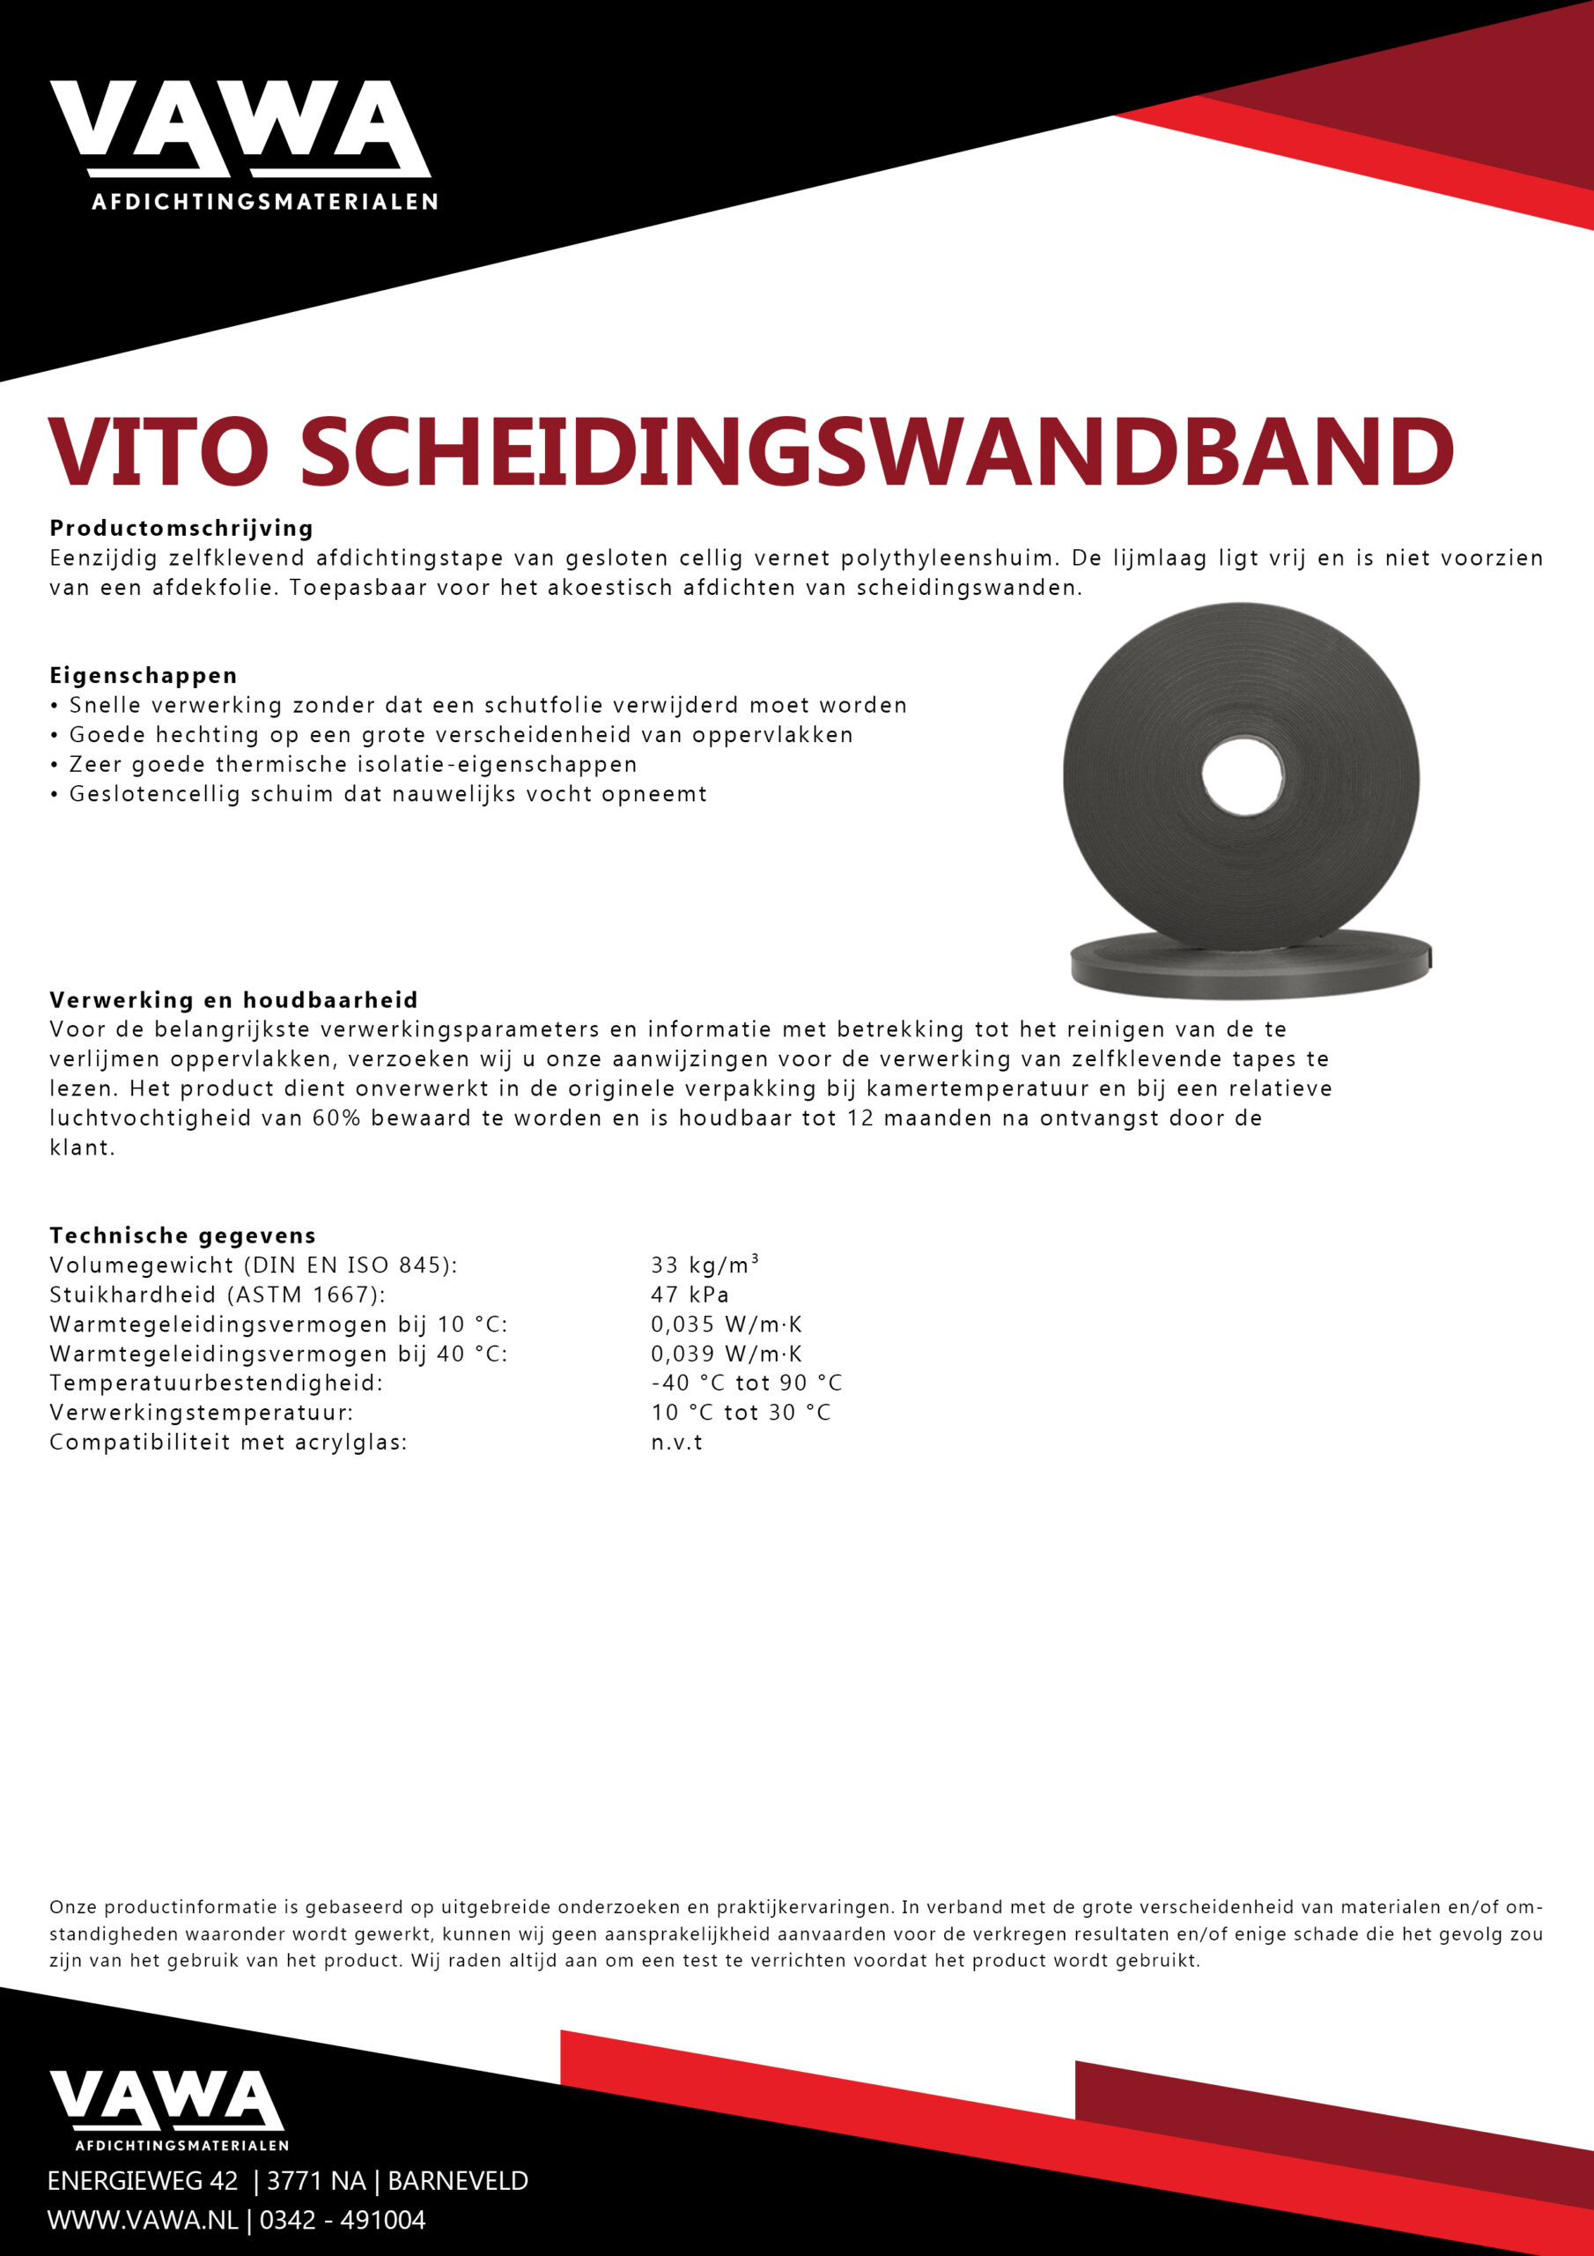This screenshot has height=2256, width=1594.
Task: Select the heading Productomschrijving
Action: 181,528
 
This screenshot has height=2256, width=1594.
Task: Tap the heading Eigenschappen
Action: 144,675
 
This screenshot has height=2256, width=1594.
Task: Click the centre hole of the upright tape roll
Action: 1241,775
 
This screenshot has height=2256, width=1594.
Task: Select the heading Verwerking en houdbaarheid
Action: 233,999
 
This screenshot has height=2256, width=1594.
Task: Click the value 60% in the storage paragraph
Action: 336,1117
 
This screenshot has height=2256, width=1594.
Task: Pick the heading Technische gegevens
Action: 182,1236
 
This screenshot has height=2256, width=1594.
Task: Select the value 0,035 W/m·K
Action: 726,1324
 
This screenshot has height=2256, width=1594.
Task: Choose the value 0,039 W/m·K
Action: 726,1353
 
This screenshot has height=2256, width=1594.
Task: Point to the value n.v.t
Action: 676,1443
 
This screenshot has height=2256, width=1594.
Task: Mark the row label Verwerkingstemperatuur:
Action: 202,1412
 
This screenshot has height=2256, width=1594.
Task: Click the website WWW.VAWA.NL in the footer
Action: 143,2220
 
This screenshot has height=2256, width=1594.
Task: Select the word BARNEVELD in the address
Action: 458,2180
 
